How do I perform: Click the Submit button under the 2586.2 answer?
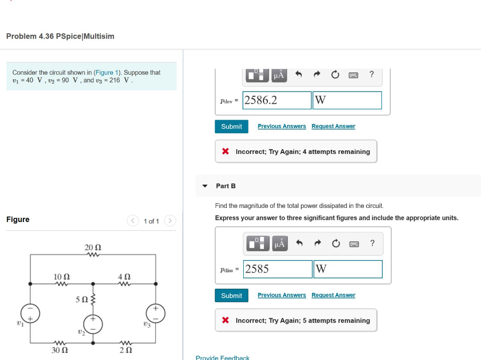[x=232, y=127]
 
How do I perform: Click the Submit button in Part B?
[x=232, y=296]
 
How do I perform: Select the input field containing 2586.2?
[x=277, y=100]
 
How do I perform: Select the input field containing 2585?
[x=278, y=269]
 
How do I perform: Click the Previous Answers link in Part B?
[x=281, y=295]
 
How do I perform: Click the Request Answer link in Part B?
[x=333, y=295]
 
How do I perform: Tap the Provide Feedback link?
[x=222, y=358]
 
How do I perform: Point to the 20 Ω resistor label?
[x=93, y=247]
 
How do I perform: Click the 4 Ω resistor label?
[x=124, y=276]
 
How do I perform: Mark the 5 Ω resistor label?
[x=82, y=299]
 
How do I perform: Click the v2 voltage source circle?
[x=93, y=324]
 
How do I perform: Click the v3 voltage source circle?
[x=155, y=312]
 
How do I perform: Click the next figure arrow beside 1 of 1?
[x=170, y=221]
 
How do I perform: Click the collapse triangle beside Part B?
[x=205, y=186]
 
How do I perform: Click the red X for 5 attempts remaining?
[x=225, y=321]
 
